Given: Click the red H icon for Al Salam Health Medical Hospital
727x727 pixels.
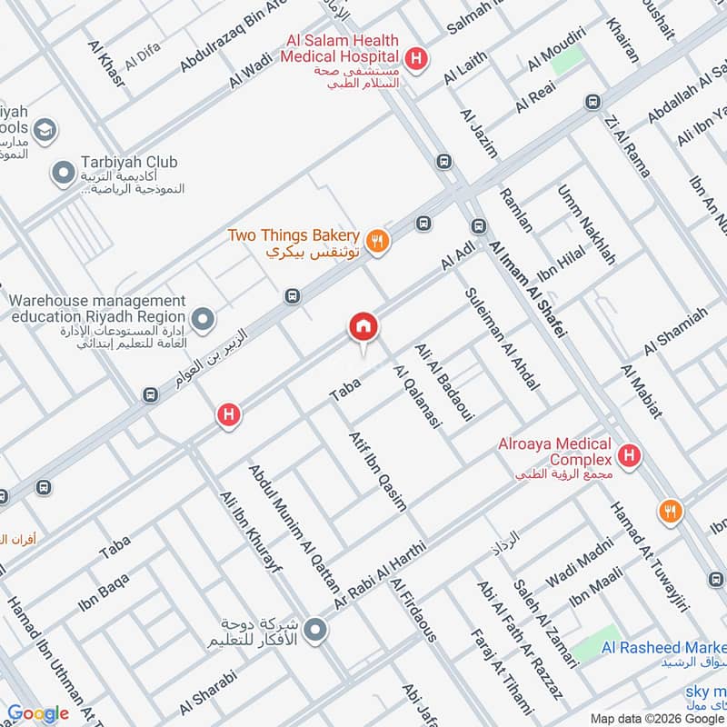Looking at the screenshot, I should pos(416,60).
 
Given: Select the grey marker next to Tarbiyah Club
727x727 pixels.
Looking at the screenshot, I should pos(64,171).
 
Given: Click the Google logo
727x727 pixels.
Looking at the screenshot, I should pos(39,713).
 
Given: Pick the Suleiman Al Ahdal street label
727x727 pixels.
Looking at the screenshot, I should pos(502,339).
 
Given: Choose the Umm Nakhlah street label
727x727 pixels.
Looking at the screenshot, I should pos(587,225).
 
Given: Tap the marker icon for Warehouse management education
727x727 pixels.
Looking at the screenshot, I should pos(204,319).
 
